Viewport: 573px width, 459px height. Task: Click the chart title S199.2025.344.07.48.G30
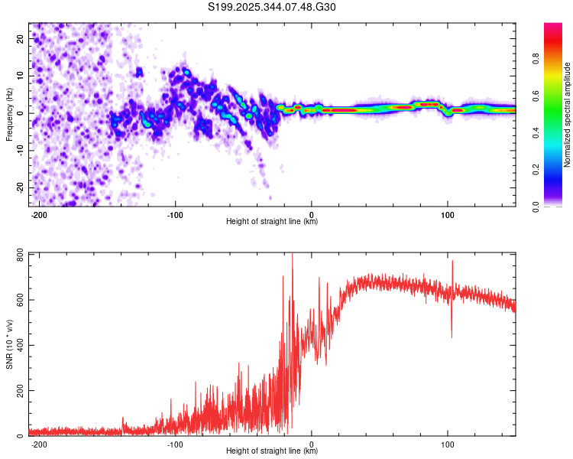(x=271, y=7)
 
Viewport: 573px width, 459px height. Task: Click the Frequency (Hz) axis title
(x=9, y=115)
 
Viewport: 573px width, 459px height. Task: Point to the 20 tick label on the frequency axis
(x=20, y=39)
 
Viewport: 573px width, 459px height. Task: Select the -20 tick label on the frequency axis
(x=20, y=187)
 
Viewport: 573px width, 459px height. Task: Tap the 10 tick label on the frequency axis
(x=20, y=76)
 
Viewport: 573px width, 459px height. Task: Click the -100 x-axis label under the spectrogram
(x=175, y=215)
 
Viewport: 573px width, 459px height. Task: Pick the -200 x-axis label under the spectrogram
(x=39, y=215)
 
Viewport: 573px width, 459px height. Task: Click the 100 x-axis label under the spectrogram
(x=447, y=215)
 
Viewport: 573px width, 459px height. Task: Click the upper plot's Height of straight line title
(x=272, y=221)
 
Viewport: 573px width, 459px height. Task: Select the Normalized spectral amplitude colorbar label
(x=567, y=115)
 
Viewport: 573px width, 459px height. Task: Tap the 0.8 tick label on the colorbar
(x=536, y=58)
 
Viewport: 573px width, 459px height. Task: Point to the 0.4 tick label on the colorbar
(x=536, y=132)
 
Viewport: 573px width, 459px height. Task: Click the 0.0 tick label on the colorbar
(x=536, y=207)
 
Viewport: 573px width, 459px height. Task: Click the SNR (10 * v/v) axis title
(x=9, y=344)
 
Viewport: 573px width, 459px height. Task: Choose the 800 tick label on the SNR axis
(x=20, y=256)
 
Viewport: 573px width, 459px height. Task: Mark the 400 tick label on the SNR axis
(x=20, y=345)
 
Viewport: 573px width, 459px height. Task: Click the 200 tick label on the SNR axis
(x=20, y=391)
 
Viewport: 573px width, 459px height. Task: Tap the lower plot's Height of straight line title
(x=272, y=451)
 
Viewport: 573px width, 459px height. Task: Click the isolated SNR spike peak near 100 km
(x=452, y=261)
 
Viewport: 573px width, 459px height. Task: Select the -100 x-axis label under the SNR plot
(x=175, y=444)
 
